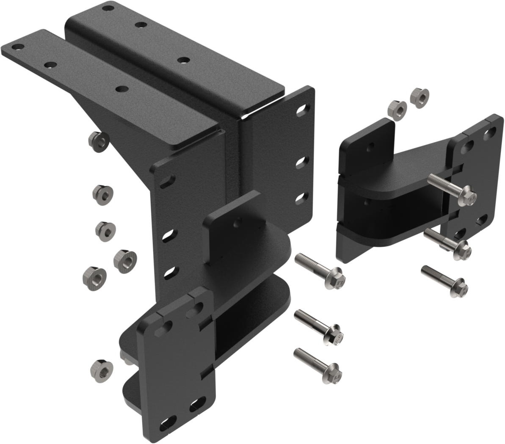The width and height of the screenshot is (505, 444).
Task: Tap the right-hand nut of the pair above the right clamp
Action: [419, 98]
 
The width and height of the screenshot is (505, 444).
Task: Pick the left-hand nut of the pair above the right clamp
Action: [397, 109]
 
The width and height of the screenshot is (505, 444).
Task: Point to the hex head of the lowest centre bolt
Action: [335, 373]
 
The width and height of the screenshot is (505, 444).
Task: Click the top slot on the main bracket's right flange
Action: [302, 110]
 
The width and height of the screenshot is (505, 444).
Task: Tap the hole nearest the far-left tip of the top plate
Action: [19, 47]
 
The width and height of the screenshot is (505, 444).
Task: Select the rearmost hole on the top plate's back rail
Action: [108, 7]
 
